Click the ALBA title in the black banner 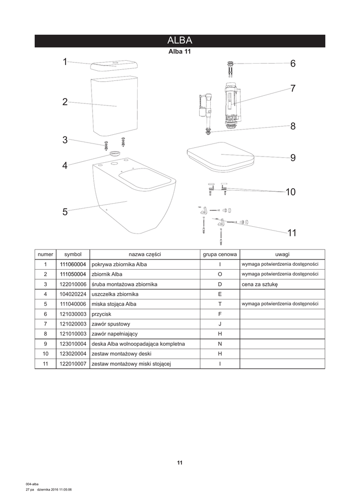[180, 40]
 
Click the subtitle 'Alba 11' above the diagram [180, 52]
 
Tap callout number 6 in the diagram [293, 64]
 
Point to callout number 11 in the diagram [292, 233]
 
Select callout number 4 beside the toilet [65, 166]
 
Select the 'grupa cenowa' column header [219, 254]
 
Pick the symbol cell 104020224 [73, 294]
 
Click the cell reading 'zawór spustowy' [111, 324]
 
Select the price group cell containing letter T [219, 304]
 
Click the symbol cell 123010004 [73, 344]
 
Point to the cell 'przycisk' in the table [102, 314]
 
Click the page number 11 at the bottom [180, 463]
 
